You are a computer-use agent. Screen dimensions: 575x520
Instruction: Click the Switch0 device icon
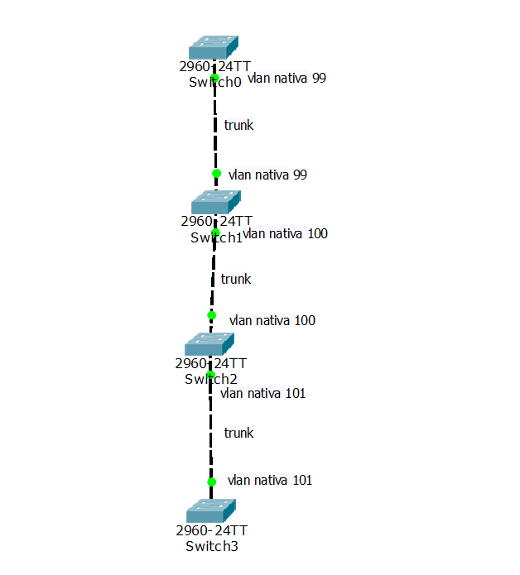tap(213, 47)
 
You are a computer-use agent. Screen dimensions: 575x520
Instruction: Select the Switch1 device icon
tap(215, 202)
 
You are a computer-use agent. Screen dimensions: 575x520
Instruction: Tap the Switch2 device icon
tap(209, 344)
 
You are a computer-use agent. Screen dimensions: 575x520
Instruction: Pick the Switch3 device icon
tap(211, 510)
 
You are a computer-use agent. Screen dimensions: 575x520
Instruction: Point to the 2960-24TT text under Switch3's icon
tap(212, 530)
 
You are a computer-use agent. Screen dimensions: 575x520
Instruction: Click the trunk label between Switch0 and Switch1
tap(238, 125)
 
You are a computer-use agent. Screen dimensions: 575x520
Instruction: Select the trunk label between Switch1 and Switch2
tap(235, 279)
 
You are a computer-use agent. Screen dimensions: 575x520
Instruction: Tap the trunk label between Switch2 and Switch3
tap(238, 433)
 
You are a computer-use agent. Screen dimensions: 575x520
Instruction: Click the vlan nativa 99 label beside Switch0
tap(286, 79)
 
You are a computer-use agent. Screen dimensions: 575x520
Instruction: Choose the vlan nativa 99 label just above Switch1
tap(267, 175)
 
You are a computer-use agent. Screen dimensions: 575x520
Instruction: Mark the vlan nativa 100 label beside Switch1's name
tap(286, 234)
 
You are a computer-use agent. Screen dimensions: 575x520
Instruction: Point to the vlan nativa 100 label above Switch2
tap(272, 320)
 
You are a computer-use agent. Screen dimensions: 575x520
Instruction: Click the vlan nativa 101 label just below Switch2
tap(263, 393)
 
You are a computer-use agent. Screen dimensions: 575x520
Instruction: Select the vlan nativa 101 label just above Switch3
tap(270, 480)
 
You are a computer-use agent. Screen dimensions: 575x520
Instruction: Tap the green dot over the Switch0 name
tap(214, 78)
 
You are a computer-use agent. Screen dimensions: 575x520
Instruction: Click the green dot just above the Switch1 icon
tap(216, 174)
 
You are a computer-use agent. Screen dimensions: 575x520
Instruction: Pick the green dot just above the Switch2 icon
tap(211, 315)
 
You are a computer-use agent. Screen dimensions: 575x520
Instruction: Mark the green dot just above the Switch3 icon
tap(211, 482)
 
